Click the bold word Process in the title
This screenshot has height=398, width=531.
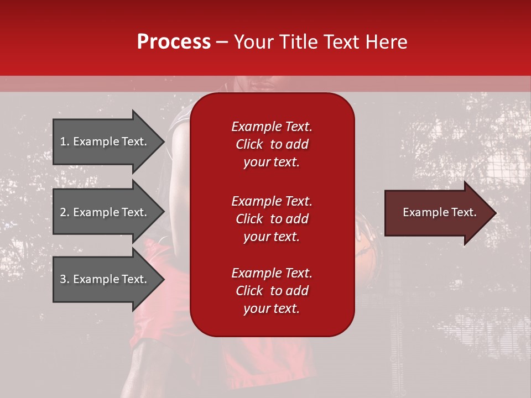click(174, 42)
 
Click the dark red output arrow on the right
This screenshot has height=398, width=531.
click(437, 213)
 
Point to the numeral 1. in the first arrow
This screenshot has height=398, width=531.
click(64, 142)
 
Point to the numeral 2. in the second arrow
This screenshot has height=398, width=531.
click(64, 212)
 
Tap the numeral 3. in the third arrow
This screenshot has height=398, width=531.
click(64, 279)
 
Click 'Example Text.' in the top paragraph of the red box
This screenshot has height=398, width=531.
click(272, 127)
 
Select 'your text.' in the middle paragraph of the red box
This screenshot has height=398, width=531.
click(272, 237)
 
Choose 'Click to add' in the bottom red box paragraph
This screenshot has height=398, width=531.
click(272, 291)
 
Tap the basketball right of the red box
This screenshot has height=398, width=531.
click(366, 243)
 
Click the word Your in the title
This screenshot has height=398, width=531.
click(255, 42)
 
